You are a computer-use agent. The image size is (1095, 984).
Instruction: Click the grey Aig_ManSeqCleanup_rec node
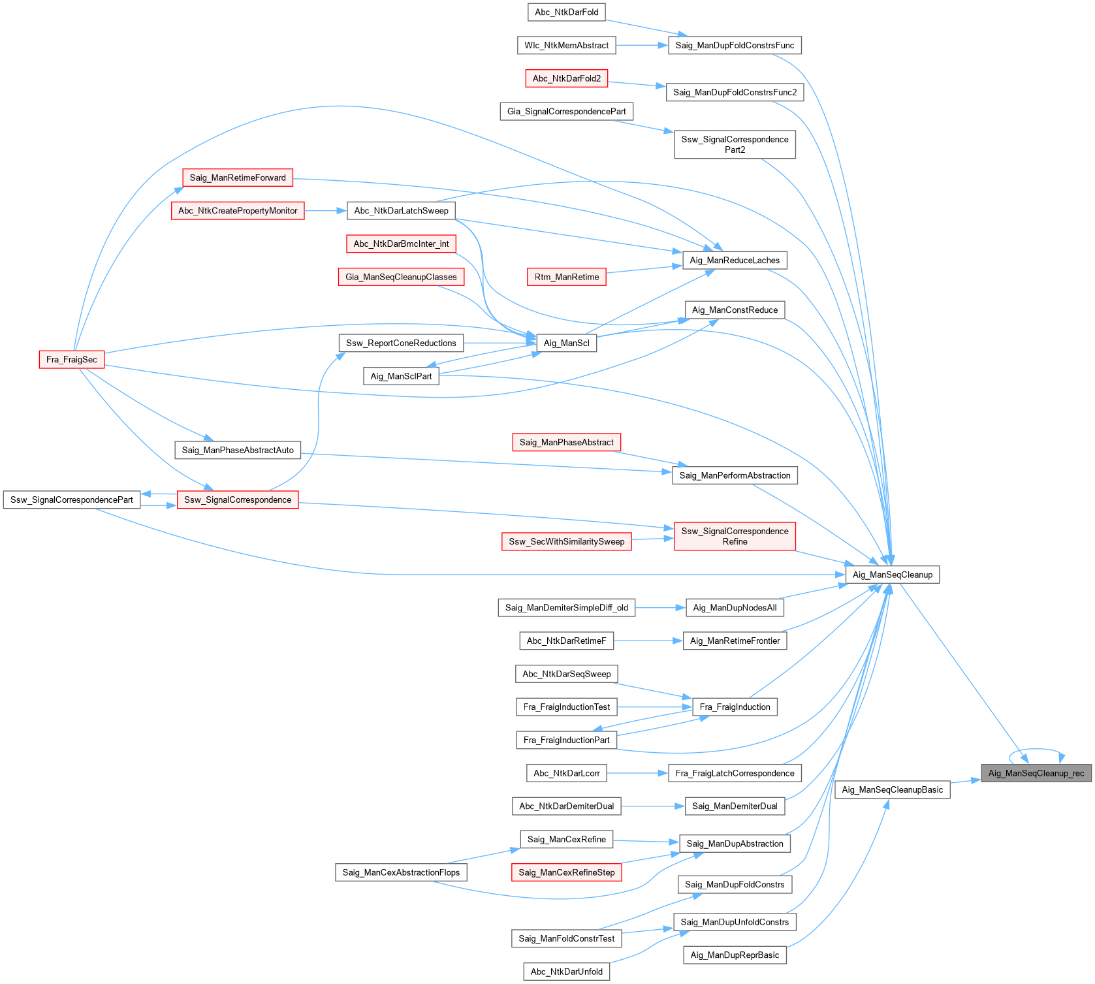coord(1036,773)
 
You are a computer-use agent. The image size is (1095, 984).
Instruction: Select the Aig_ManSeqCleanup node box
coord(892,575)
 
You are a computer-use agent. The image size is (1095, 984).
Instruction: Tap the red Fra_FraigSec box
coord(71,360)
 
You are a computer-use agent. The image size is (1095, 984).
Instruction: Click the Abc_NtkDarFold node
coord(566,12)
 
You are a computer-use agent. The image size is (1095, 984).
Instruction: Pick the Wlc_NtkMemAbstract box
coord(566,45)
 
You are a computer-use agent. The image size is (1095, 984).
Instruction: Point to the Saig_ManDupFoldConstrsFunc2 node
coord(735,92)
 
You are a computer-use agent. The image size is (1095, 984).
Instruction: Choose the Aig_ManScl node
coord(566,343)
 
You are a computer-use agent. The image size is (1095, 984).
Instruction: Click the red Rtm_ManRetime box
coord(566,277)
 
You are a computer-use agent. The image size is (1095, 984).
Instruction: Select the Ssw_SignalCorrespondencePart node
coord(71,500)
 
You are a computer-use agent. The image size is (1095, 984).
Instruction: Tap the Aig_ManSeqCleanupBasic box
coord(892,789)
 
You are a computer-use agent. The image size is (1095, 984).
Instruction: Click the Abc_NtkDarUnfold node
coord(566,972)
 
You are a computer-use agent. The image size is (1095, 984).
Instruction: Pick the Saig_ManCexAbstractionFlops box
coord(401,872)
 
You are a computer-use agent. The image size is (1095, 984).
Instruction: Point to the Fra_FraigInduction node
coord(735,706)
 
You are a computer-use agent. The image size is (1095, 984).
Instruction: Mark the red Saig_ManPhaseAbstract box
coord(566,442)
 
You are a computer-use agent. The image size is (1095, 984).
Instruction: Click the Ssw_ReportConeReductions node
coord(401,343)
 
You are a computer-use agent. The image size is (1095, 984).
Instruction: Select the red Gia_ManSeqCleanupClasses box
coord(401,277)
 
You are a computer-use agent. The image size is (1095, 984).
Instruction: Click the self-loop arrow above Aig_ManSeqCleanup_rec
coord(1037,750)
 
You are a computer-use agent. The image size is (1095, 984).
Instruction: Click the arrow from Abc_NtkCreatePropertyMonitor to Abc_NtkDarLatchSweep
coord(325,210)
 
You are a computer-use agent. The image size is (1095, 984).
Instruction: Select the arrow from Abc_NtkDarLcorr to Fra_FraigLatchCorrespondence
coord(637,773)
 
